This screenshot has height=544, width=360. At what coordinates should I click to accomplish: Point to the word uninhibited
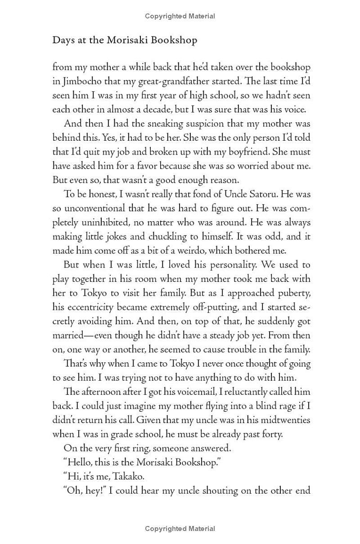pyautogui.click(x=107, y=222)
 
